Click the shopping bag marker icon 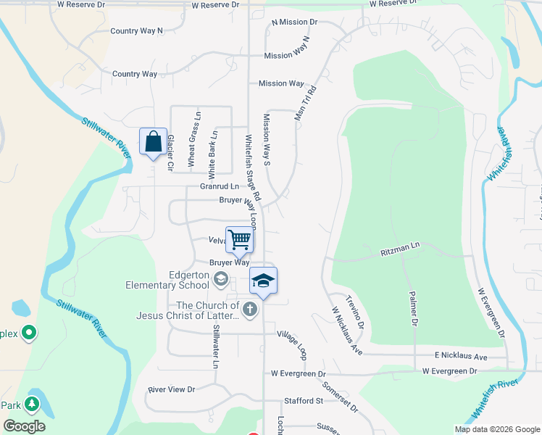click(x=154, y=142)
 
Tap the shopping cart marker click(x=239, y=239)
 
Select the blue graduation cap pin click(x=264, y=281)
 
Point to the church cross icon click(x=249, y=310)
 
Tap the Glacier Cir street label click(x=171, y=152)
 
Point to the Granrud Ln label click(x=219, y=187)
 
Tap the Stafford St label click(x=303, y=400)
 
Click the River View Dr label click(x=172, y=389)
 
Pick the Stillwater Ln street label click(x=215, y=347)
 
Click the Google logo click(x=24, y=426)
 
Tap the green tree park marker click(x=32, y=403)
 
